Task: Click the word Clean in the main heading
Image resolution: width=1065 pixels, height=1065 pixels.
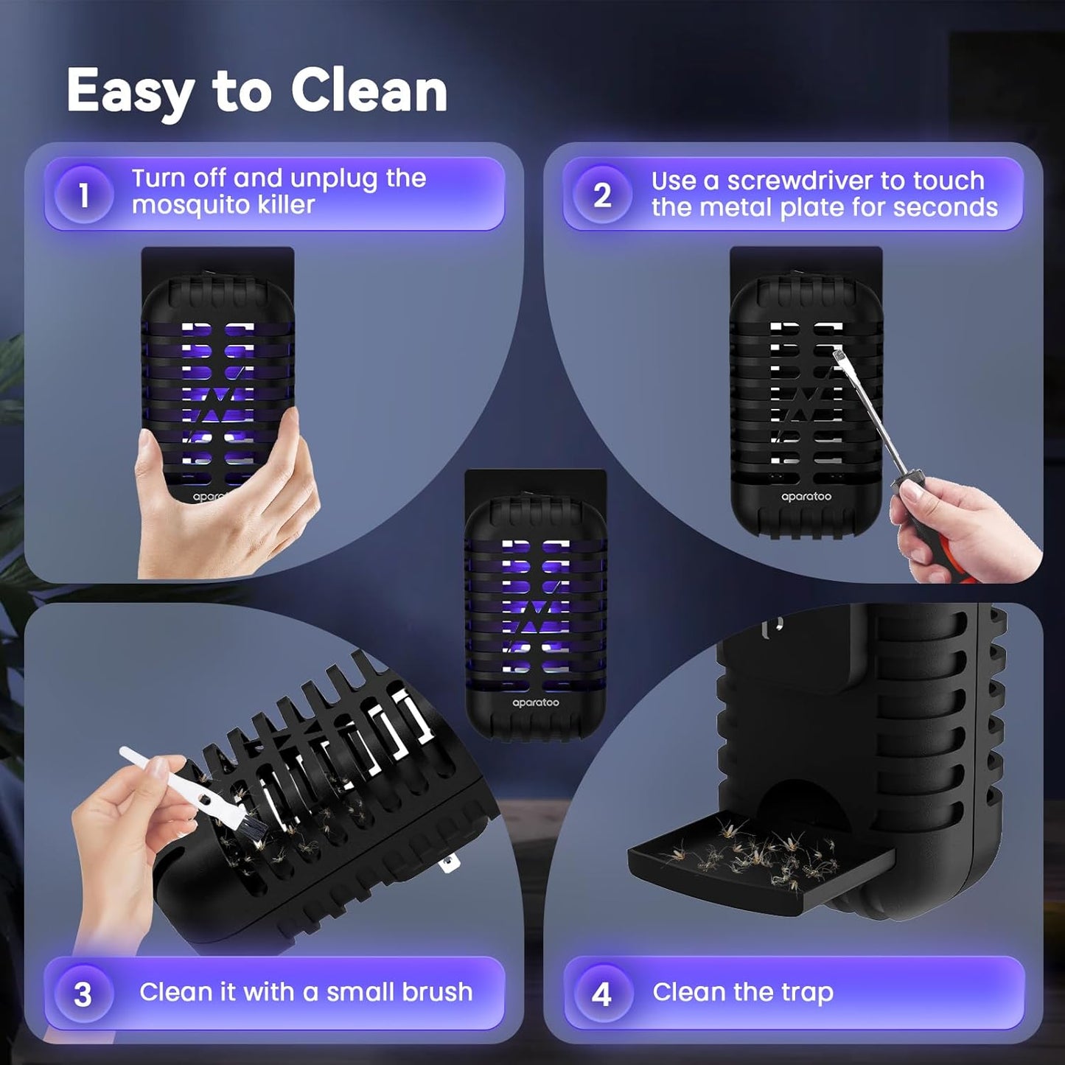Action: [x=369, y=91]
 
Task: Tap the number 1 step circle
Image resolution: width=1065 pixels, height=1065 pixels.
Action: [x=83, y=195]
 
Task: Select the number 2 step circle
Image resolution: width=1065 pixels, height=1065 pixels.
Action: [x=602, y=195]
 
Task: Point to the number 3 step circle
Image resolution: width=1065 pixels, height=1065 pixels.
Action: [x=83, y=994]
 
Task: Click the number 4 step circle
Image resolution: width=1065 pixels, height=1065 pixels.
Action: [x=602, y=994]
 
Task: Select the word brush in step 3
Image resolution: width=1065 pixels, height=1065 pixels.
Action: [x=436, y=992]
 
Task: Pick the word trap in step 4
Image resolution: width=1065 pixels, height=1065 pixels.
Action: [x=809, y=992]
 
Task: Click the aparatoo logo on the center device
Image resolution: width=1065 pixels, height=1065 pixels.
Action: [x=536, y=703]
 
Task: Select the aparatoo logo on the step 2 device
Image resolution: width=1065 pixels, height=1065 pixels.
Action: [x=806, y=497]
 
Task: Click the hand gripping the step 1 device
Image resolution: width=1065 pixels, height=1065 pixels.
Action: [x=221, y=509]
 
